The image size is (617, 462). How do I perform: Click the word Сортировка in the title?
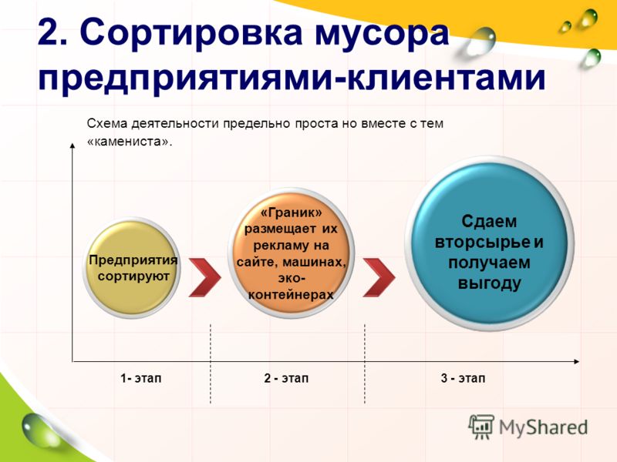click(x=190, y=32)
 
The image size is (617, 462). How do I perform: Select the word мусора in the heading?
click(x=382, y=35)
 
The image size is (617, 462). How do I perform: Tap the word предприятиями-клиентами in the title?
click(x=292, y=79)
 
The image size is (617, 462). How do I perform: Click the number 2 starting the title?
click(x=54, y=32)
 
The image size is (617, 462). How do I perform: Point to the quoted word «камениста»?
click(x=130, y=142)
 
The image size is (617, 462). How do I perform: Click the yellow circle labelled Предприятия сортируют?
click(x=132, y=268)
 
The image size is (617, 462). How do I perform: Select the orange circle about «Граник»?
click(x=292, y=253)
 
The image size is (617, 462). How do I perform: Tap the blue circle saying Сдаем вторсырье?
click(x=489, y=243)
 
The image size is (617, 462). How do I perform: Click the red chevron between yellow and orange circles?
click(x=204, y=277)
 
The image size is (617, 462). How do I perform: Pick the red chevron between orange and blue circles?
click(x=379, y=277)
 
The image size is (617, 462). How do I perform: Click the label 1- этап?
click(x=141, y=378)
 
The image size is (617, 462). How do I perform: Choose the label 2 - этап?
click(x=286, y=378)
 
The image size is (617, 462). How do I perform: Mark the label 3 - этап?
click(x=464, y=378)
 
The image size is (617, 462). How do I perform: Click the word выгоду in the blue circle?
click(x=489, y=283)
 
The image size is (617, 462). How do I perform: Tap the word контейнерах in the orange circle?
click(x=291, y=295)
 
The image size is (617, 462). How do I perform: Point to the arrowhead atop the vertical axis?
click(x=72, y=146)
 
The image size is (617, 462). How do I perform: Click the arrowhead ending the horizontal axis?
click(x=576, y=361)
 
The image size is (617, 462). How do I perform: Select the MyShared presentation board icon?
click(x=480, y=427)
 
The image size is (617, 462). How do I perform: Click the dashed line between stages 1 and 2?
click(x=211, y=363)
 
